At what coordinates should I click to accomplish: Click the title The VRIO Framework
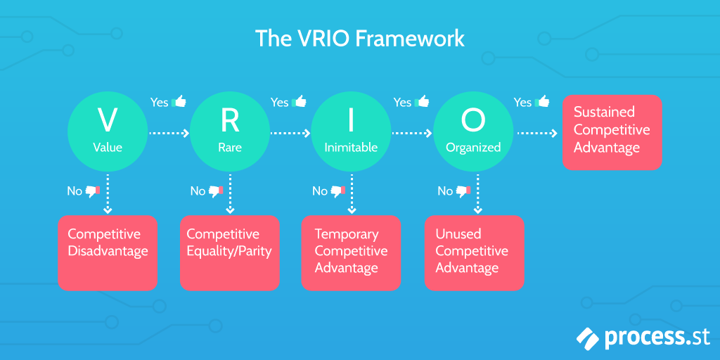tap(359, 39)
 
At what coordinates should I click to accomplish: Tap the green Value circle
tap(108, 133)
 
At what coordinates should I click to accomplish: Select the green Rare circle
tap(230, 133)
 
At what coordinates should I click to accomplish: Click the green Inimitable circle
tap(352, 133)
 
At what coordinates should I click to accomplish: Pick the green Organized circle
tap(473, 133)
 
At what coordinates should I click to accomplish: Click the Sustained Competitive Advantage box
tap(612, 132)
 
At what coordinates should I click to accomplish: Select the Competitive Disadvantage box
tap(108, 253)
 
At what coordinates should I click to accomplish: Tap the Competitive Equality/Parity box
tap(230, 253)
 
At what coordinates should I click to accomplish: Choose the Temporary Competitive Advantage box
tap(352, 253)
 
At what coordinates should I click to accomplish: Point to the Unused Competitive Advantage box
tap(475, 253)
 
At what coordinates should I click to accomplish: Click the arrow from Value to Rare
tap(169, 134)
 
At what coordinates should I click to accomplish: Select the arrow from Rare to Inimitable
tap(290, 134)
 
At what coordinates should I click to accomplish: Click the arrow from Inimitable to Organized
tap(412, 134)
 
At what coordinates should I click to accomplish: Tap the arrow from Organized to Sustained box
tap(538, 134)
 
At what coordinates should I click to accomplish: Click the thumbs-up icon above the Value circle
tap(179, 101)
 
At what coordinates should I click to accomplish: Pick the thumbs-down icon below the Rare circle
tap(216, 191)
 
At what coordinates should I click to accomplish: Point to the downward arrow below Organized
tap(477, 194)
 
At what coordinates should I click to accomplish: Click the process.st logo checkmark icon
tap(589, 339)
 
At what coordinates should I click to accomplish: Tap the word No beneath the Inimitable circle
tap(320, 191)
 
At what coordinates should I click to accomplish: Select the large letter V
tap(108, 120)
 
